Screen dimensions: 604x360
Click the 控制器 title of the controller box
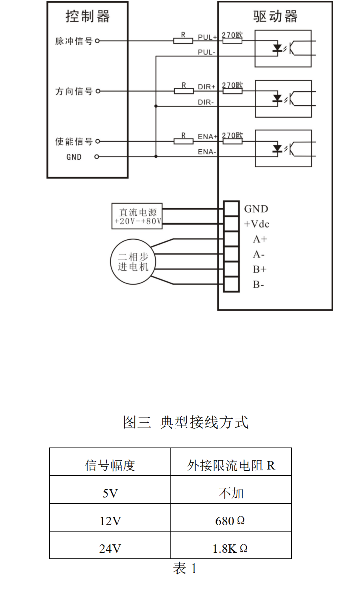tap(87, 16)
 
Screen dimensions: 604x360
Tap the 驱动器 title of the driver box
tap(275, 16)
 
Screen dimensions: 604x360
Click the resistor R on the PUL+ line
tap(183, 40)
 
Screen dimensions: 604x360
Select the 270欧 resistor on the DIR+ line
tap(232, 91)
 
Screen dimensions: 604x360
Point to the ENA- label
tap(207, 152)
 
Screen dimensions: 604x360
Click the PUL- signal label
tap(206, 52)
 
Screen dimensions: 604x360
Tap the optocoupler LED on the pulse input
tap(277, 48)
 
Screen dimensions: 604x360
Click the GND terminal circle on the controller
tap(96, 157)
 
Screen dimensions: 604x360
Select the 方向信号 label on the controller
tap(74, 91)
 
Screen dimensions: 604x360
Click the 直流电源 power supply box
tap(137, 216)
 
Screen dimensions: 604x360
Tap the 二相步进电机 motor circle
tap(133, 262)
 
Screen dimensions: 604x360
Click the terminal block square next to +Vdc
tap(231, 224)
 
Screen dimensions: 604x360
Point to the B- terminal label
tap(258, 285)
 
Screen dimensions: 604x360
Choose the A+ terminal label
tap(260, 239)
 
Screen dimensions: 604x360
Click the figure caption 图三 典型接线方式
tap(186, 422)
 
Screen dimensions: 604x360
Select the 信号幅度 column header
tap(110, 465)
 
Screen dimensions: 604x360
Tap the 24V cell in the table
tap(110, 548)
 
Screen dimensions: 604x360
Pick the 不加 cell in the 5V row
tap(231, 493)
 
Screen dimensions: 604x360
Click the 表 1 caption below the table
tap(185, 568)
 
